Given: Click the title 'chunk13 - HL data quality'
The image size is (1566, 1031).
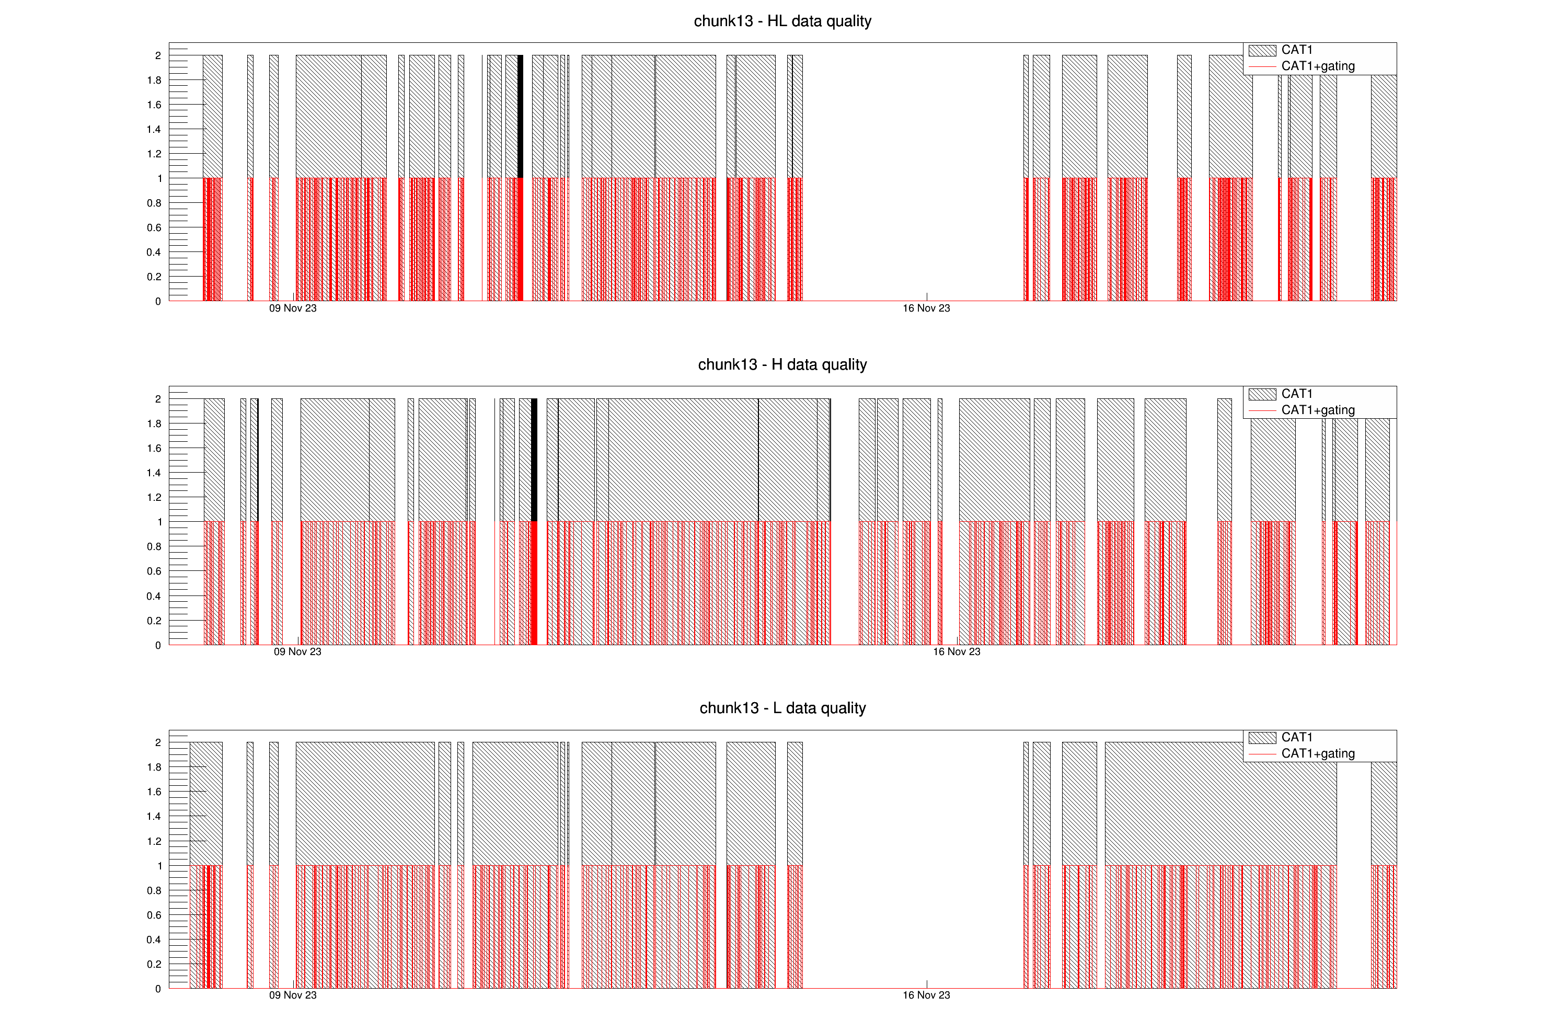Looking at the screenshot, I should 782,21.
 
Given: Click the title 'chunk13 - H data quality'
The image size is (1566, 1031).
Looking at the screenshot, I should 782,364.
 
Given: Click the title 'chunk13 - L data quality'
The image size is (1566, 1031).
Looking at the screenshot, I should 782,708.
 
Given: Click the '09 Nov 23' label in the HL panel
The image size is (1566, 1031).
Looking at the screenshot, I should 293,308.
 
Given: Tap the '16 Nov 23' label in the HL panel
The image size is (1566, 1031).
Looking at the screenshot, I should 926,308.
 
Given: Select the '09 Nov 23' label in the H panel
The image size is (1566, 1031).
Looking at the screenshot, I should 297,652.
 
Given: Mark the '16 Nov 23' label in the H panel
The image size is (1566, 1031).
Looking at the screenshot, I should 956,652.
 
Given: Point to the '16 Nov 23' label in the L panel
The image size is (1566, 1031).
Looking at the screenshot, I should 926,995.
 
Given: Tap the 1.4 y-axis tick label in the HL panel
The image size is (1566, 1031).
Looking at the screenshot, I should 154,130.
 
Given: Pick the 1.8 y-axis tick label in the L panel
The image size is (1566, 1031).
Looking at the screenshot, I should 154,767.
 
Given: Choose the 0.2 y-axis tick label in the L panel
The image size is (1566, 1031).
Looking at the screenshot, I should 154,965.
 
